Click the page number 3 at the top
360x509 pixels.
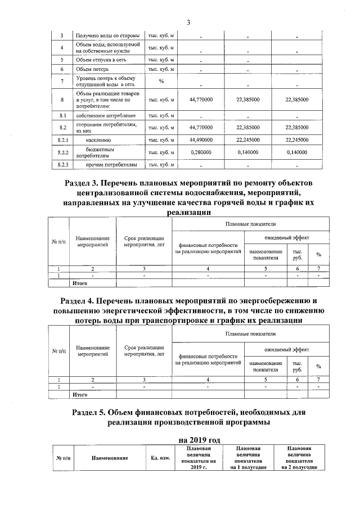[188, 22]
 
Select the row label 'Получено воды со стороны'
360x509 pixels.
[108, 36]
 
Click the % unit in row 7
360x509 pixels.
[161, 82]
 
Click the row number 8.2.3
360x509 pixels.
[63, 164]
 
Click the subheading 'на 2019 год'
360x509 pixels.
[188, 439]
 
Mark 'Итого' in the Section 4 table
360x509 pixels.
[82, 395]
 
